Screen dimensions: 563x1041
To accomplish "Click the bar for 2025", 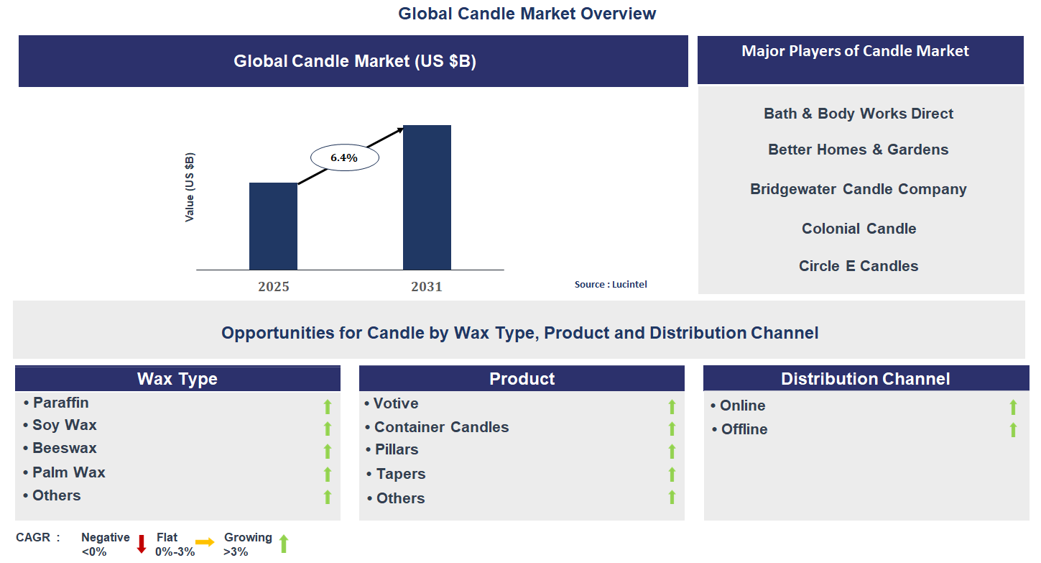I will coord(273,226).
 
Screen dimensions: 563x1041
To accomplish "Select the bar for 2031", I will coord(427,198).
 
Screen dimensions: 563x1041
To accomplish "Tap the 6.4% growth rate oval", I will coord(344,157).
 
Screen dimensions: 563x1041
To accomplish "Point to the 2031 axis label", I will coord(427,287).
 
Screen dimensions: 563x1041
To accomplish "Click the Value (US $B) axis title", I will coord(190,187).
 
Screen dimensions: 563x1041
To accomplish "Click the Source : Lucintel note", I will coord(611,285).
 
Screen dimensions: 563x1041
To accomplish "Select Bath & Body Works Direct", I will coord(859,114).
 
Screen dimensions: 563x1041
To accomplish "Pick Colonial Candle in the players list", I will coord(859,229).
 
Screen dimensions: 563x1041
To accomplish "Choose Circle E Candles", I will coord(859,266).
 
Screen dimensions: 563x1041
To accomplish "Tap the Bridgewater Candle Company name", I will coord(859,189).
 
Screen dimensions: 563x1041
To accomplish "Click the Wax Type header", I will coord(177,379).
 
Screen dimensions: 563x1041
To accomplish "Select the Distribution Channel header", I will coord(865,379).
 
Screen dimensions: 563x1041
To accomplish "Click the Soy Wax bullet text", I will coord(64,425).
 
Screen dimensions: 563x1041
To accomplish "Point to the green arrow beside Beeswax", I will coord(328,451).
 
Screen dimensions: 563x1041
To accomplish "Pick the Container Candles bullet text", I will coord(441,427).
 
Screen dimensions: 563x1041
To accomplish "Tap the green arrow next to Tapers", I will coord(672,474).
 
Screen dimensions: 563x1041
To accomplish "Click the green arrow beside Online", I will coord(1013,407).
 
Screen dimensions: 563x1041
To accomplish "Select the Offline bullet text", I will coord(744,429).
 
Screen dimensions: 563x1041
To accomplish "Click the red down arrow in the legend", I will coord(142,544).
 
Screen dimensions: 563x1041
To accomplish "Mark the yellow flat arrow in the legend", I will coord(205,542).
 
